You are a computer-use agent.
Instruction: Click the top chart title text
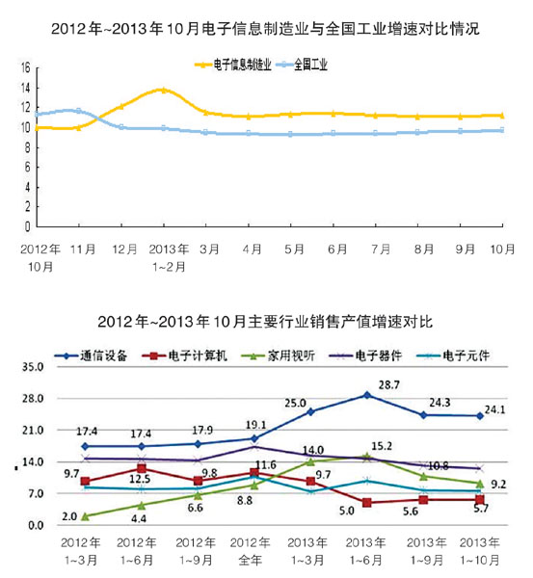coord(266,28)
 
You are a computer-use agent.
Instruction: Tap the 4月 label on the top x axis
coord(253,249)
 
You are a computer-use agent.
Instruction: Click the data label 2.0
coord(69,516)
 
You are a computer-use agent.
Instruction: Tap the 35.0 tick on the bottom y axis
coord(31,367)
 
